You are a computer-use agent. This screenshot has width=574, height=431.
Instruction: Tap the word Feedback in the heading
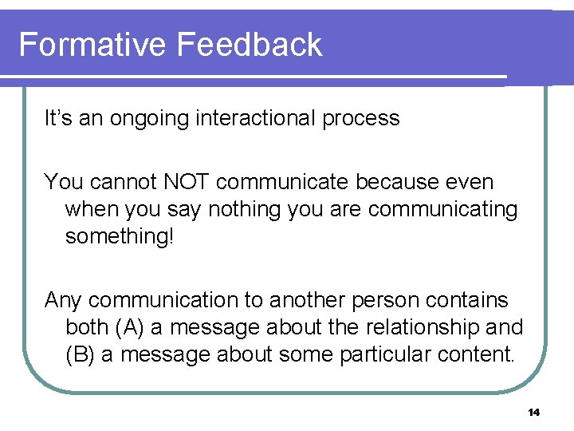[250, 45]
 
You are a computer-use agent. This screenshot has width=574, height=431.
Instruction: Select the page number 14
[533, 413]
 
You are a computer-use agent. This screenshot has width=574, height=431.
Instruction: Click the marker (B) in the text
[81, 354]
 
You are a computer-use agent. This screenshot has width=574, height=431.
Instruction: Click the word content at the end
[480, 354]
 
